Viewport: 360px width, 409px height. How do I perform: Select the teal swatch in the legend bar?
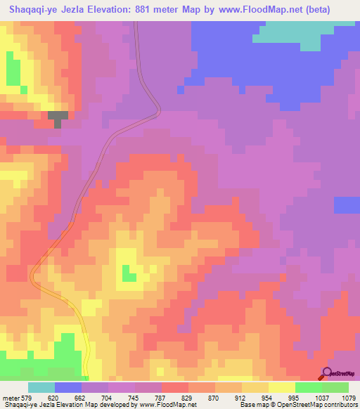(41, 387)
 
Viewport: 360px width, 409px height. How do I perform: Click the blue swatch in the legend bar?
(68, 387)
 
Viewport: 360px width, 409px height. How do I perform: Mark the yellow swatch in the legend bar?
(282, 387)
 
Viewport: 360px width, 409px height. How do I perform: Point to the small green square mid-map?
(129, 273)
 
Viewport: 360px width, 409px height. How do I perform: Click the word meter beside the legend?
(11, 398)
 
